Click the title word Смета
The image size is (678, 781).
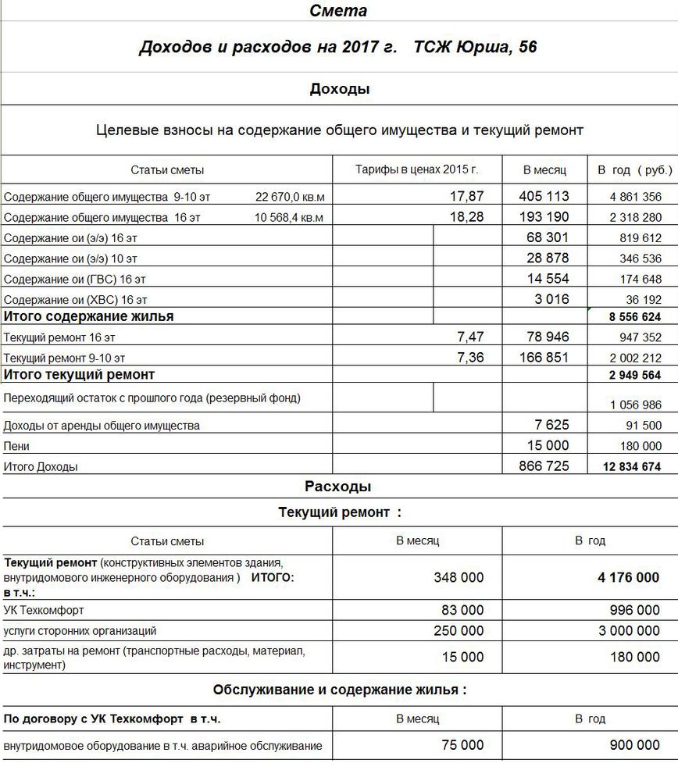coord(338,11)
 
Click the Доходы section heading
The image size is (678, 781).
coord(340,89)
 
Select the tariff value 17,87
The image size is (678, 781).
coord(467,196)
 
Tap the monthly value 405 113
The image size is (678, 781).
coord(544,196)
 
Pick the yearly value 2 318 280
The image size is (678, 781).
coord(635,217)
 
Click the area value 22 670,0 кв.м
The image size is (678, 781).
coord(289,197)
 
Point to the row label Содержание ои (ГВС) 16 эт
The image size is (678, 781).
coord(75,279)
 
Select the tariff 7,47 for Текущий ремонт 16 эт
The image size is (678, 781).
coord(470,337)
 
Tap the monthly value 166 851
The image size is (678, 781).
coord(544,357)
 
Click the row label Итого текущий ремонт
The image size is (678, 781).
coord(80,376)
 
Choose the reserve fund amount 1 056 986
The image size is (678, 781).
coord(635,405)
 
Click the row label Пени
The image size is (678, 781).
coord(16,446)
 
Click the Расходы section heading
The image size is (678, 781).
coord(337,487)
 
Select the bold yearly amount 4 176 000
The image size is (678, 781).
coord(628,578)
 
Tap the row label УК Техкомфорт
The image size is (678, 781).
coord(44,610)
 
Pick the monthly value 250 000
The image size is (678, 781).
coord(459,630)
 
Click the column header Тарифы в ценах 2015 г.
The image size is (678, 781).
coord(416,169)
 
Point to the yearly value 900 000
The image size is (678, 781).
coord(634,746)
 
